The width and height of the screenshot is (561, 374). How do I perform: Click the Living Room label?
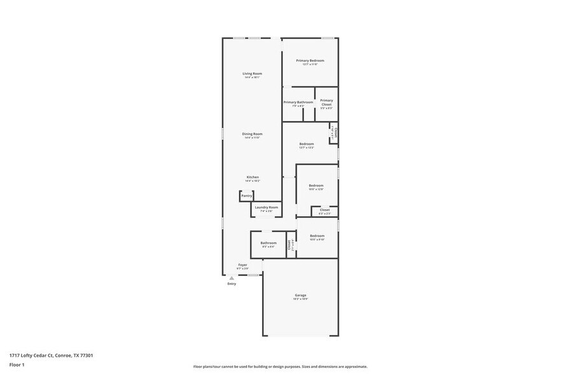[x=252, y=73]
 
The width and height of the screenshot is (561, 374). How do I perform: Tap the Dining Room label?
[x=252, y=134]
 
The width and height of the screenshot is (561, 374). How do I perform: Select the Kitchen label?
[x=253, y=177]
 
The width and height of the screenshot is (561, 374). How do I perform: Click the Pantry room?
[x=246, y=196]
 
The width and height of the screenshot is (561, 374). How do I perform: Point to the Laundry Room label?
[x=267, y=207]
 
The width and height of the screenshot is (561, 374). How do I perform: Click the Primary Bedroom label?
[x=310, y=60]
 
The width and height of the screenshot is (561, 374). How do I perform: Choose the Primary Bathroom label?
[x=298, y=102]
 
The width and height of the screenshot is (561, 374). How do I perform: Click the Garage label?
[x=300, y=295]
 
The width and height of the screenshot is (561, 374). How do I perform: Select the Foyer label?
[x=242, y=265]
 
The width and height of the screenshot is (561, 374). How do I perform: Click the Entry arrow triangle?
[x=232, y=278]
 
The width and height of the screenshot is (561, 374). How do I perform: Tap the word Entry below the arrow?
[x=232, y=284]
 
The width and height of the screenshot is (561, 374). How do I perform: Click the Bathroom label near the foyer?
[x=268, y=242]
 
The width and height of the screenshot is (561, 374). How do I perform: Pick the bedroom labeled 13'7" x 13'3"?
[x=307, y=144]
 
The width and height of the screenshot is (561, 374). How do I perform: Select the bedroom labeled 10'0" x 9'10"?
[x=317, y=236]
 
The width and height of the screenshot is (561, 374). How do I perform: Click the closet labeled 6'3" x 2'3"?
[x=324, y=210]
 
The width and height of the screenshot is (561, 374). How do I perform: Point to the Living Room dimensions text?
[x=252, y=78]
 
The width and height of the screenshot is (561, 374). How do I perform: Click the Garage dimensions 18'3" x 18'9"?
[x=300, y=299]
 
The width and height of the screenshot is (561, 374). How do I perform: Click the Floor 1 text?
[x=17, y=365]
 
